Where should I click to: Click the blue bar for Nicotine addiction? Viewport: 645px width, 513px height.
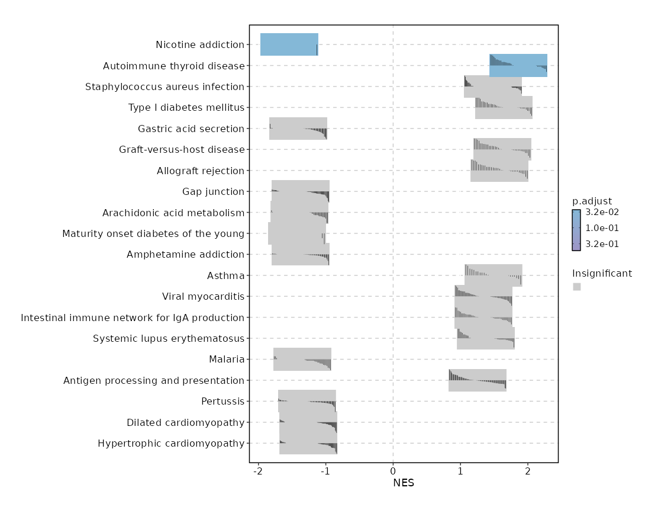[x=289, y=44]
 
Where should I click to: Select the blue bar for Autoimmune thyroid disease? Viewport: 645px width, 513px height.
[x=518, y=65]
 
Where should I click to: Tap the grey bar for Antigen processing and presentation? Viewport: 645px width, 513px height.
[x=477, y=380]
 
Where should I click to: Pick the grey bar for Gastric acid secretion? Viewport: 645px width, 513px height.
[x=298, y=129]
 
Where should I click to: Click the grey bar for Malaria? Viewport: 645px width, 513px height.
[x=302, y=359]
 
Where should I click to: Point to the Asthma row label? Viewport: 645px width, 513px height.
[x=225, y=275]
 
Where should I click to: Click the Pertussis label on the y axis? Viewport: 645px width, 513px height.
[x=222, y=402]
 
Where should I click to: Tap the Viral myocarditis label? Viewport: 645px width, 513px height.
[x=203, y=296]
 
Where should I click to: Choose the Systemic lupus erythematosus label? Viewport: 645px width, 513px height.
[x=169, y=338]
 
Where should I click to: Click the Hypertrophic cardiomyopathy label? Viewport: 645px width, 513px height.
[x=171, y=443]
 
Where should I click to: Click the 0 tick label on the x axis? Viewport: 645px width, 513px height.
[x=393, y=471]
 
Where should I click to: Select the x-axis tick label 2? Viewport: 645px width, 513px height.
[x=527, y=471]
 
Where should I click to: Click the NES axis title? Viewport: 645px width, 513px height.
[x=403, y=483]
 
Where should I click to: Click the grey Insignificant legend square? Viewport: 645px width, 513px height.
[x=577, y=287]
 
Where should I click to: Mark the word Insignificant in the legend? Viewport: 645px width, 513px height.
[x=602, y=273]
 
